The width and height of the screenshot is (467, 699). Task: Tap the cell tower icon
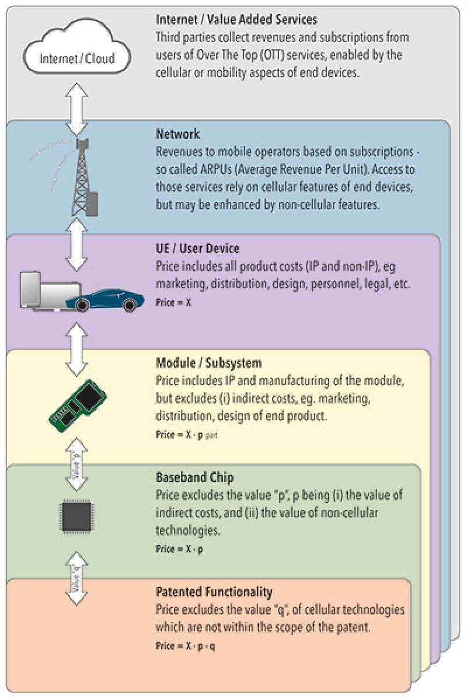pyautogui.click(x=81, y=177)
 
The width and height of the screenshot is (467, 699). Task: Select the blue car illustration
pyautogui.click(x=105, y=299)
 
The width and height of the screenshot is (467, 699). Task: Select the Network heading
pyautogui.click(x=177, y=134)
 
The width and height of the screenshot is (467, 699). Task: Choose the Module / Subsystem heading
pyautogui.click(x=208, y=363)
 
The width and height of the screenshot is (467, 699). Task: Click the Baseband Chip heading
pyautogui.click(x=194, y=477)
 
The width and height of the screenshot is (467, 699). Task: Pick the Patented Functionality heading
pyautogui.click(x=214, y=592)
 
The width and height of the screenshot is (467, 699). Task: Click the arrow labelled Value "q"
pyautogui.click(x=76, y=576)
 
